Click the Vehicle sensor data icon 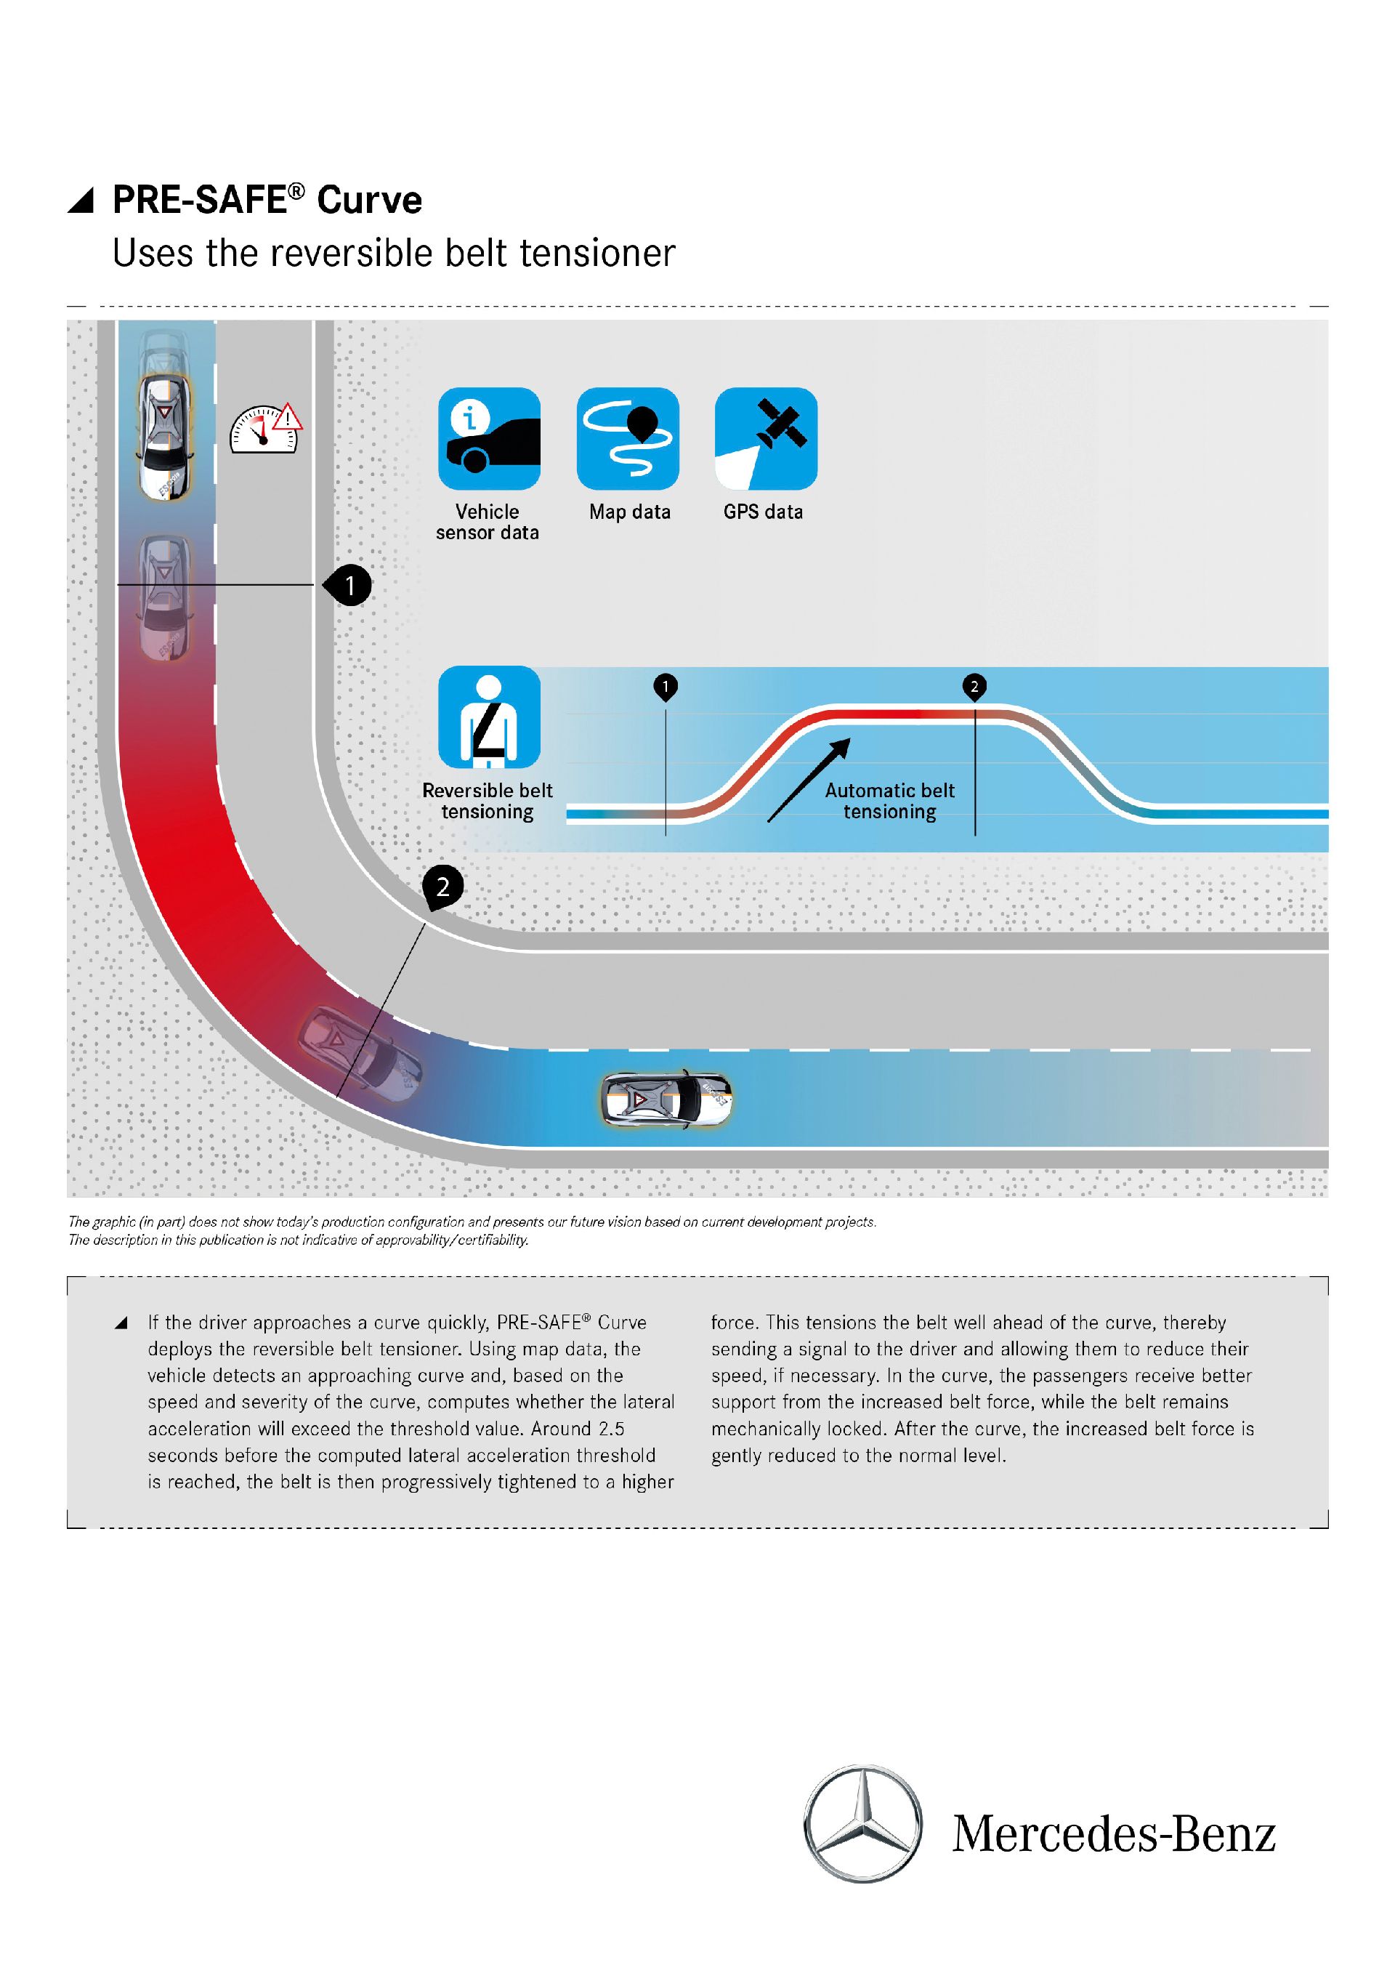coord(489,438)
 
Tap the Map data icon coord(628,438)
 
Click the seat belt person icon coord(489,717)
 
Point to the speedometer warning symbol coord(264,429)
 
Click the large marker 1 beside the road coord(349,585)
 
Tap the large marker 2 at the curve coord(442,887)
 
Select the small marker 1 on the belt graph coord(666,687)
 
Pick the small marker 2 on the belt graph coord(974,687)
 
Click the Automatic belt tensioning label coord(890,801)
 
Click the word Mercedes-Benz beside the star coord(1113,1835)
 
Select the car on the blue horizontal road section coord(666,1098)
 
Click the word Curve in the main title coord(369,201)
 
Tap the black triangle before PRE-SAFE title coord(81,202)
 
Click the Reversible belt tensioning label coord(487,801)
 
